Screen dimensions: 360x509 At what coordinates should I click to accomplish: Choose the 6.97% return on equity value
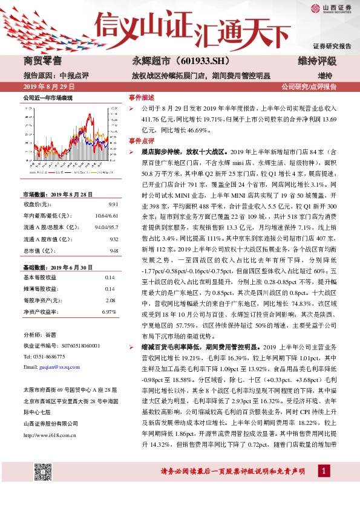(108, 312)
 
